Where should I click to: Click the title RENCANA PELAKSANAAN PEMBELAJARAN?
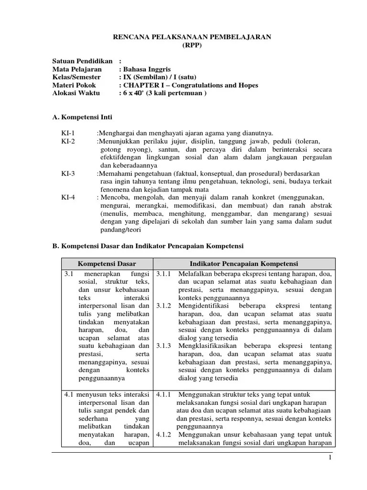click(192, 37)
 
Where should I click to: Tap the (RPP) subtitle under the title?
click(192, 45)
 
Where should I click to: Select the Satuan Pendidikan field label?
click(82, 61)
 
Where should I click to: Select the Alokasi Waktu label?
click(76, 93)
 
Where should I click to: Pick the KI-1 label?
click(68, 133)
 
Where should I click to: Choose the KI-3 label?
click(68, 174)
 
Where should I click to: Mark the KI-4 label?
click(68, 198)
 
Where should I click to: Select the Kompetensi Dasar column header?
click(107, 264)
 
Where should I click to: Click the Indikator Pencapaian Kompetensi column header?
click(244, 264)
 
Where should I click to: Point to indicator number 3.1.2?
click(164, 305)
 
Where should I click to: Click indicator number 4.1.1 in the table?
click(164, 395)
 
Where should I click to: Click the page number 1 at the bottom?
click(329, 458)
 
